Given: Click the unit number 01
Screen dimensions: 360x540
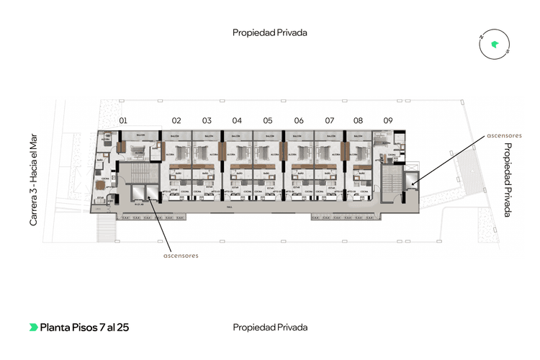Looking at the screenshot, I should point(123,120).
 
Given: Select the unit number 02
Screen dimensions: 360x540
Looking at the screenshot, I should point(176,120).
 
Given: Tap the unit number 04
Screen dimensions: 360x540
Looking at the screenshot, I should point(237,120).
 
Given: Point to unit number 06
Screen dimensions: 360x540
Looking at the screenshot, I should point(299,120).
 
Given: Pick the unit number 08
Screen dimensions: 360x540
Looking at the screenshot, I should point(358,120).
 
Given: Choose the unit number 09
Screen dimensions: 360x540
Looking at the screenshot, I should point(388,120).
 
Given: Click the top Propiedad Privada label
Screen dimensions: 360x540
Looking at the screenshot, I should point(270,32).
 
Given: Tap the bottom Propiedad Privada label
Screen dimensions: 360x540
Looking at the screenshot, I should point(270,328).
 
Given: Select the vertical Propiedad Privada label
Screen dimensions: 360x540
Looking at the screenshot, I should point(507,180).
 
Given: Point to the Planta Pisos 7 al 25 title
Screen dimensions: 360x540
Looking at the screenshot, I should point(84,328).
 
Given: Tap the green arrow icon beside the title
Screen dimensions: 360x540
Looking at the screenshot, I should point(33,328).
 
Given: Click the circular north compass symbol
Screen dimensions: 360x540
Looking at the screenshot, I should point(495,45).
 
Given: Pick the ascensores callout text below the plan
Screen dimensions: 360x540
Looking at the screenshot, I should point(181,255).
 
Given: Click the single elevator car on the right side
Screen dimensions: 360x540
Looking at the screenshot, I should point(411,183).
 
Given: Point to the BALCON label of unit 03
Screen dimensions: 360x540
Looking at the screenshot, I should point(208,136).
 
